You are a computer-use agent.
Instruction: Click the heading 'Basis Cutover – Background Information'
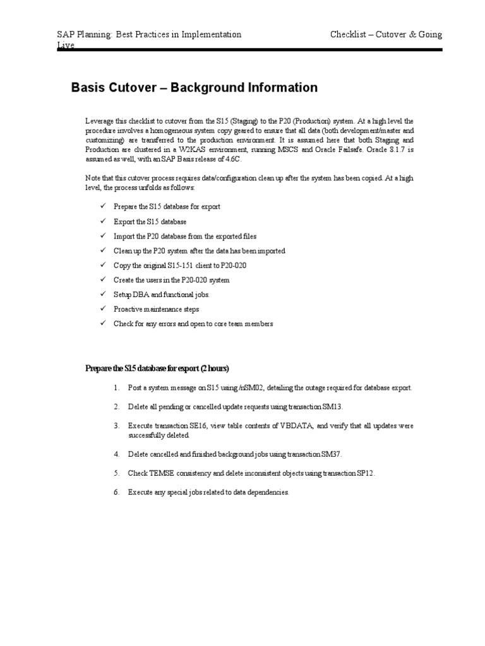(x=195, y=88)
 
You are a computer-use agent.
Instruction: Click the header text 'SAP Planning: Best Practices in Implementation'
(x=149, y=35)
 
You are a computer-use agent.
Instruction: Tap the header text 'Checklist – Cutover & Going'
(x=386, y=35)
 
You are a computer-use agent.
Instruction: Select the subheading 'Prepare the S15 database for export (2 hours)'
(x=157, y=368)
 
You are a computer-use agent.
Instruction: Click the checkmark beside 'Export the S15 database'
(x=103, y=222)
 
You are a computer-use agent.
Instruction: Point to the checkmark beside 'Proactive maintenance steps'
(x=103, y=309)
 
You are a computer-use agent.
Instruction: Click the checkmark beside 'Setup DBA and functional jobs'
(x=103, y=295)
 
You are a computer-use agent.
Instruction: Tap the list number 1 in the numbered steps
(x=116, y=387)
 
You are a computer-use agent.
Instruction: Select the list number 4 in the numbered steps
(x=116, y=454)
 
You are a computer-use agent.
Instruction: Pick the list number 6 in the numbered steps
(x=116, y=491)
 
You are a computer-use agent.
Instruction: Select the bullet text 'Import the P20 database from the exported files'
(x=185, y=237)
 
